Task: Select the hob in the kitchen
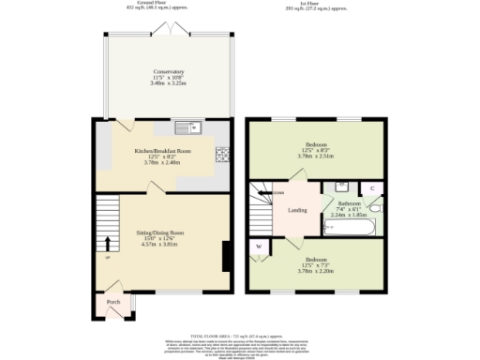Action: (223, 155)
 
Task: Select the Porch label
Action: (113, 303)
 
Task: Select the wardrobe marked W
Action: (258, 247)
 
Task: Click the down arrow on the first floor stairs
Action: (276, 193)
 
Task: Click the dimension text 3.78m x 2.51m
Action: (317, 157)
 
